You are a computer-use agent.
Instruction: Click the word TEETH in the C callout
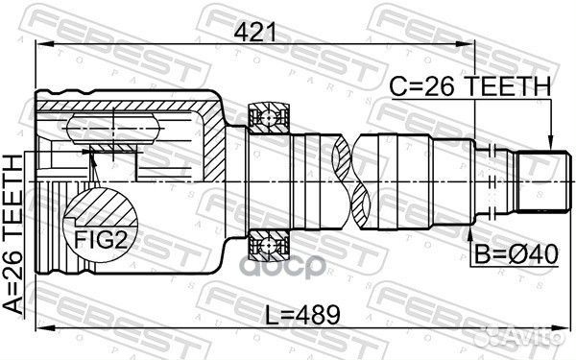coord(509,87)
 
